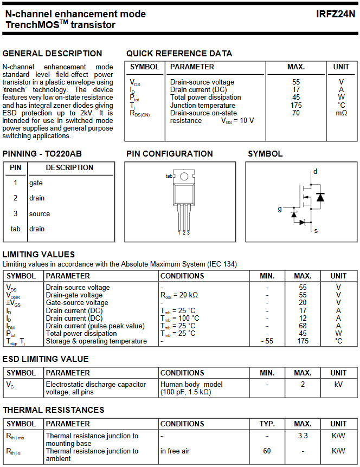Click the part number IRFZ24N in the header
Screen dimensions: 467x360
tap(336, 14)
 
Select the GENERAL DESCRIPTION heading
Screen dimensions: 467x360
tap(52, 54)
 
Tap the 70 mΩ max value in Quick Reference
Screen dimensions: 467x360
tap(295, 113)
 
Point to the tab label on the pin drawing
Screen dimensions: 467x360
tap(169, 176)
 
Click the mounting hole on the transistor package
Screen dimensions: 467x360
tap(184, 177)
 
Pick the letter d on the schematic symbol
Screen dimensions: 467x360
tap(315, 172)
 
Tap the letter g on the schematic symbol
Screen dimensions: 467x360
tap(280, 209)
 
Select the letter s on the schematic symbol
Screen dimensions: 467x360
tap(316, 230)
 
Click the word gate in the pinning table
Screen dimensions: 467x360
tap(36, 183)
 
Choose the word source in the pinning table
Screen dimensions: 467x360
tap(40, 213)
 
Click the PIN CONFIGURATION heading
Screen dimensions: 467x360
tap(169, 154)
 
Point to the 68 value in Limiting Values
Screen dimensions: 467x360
tap(303, 326)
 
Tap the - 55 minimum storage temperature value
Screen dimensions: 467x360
tap(267, 341)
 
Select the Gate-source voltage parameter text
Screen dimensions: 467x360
tap(77, 303)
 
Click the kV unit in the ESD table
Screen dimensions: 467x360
tap(338, 384)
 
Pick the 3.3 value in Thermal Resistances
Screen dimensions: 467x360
tap(303, 436)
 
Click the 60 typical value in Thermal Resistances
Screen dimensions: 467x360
tap(267, 451)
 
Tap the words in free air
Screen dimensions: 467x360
tap(175, 451)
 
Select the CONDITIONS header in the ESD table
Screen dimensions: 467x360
tap(182, 373)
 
